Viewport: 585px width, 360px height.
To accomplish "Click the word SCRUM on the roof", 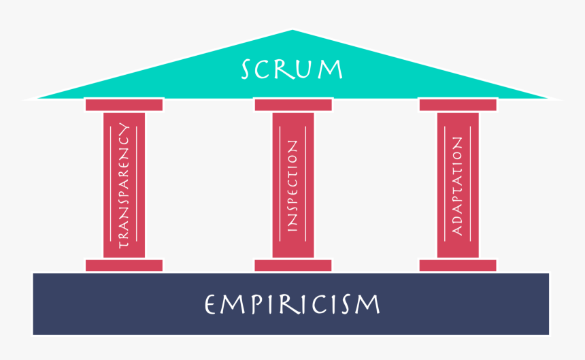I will (x=292, y=69).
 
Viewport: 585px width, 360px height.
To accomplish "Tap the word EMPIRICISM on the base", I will (x=292, y=304).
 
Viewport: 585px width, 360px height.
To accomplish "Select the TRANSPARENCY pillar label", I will (x=124, y=185).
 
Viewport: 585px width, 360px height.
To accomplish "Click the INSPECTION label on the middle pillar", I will (x=292, y=185).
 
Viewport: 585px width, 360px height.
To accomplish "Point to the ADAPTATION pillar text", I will (x=457, y=185).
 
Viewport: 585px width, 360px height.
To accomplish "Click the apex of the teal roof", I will (x=292, y=31).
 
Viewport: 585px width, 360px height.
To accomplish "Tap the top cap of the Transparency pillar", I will (x=124, y=105).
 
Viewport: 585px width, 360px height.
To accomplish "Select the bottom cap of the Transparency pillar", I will (x=124, y=265).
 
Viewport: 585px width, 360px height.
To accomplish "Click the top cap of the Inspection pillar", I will (x=292, y=105).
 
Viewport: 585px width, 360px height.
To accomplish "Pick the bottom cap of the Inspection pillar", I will (x=292, y=265).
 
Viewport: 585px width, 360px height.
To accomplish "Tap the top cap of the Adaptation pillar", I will (x=457, y=105).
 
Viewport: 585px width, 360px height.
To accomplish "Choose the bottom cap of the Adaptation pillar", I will (x=457, y=265).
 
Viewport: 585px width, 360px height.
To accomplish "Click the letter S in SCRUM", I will (x=249, y=69).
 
